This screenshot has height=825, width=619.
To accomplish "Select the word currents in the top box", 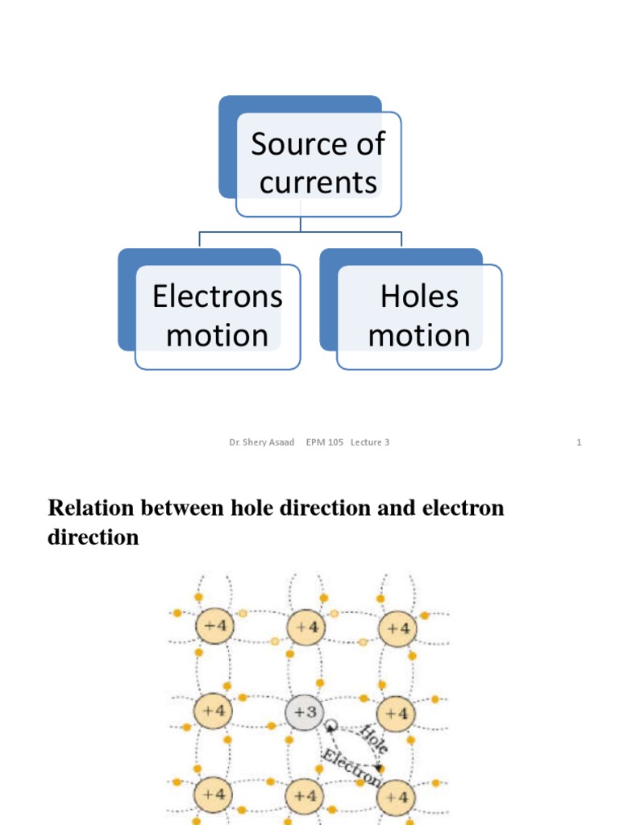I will click(x=318, y=182).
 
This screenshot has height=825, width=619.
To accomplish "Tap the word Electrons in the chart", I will click(x=218, y=296).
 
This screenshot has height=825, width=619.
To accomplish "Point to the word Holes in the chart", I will click(x=419, y=296).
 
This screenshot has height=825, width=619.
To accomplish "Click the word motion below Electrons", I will click(x=217, y=334).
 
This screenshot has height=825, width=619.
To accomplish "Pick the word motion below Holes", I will click(x=419, y=334).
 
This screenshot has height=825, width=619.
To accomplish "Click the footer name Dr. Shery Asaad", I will click(x=262, y=442).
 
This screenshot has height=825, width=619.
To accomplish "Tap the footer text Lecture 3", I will click(x=370, y=442).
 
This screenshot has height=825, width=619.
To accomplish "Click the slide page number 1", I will click(x=579, y=442).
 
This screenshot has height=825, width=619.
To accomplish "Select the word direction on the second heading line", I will click(x=93, y=537).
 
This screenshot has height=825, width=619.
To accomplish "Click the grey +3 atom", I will click(x=305, y=712).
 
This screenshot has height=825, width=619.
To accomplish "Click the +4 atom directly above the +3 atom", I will click(x=305, y=628).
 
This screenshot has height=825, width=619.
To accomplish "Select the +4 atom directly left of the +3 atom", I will click(x=214, y=711).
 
